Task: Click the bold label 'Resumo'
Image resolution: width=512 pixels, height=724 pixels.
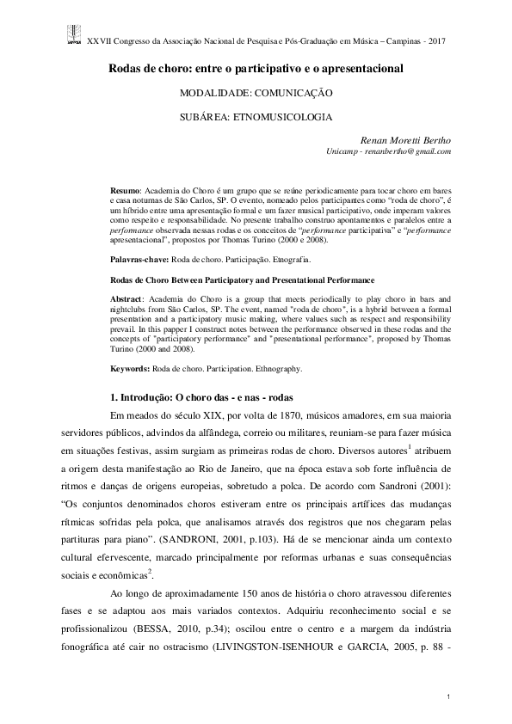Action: pos(126,187)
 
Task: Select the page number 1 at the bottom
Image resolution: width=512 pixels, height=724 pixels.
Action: pos(449,693)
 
